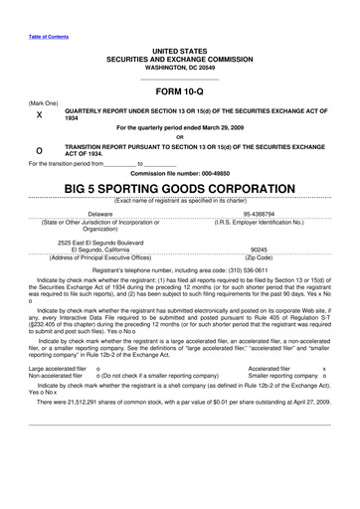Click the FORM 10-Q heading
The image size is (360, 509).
tap(179, 90)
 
